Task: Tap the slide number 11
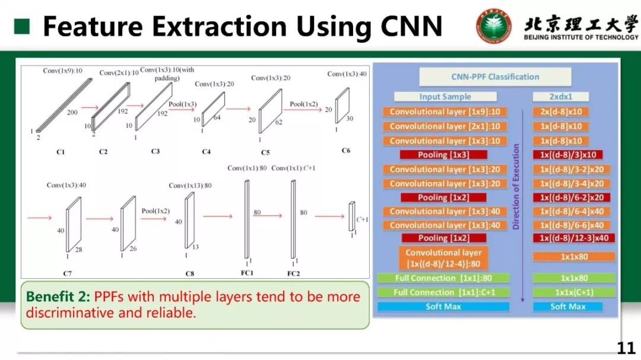pyautogui.click(x=626, y=348)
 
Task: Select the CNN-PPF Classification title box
pyautogui.click(x=495, y=77)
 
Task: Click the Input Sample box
pyautogui.click(x=445, y=97)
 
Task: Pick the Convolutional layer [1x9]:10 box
pyautogui.click(x=445, y=111)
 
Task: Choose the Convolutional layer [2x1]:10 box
pyautogui.click(x=445, y=126)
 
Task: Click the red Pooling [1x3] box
pyautogui.click(x=444, y=155)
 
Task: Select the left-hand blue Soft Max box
pyautogui.click(x=443, y=307)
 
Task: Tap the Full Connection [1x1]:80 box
pyautogui.click(x=443, y=278)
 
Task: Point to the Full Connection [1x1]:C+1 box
pyautogui.click(x=443, y=292)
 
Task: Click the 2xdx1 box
pyautogui.click(x=560, y=97)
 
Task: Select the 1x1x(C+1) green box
pyautogui.click(x=569, y=292)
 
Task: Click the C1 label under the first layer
pyautogui.click(x=61, y=152)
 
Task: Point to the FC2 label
pyautogui.click(x=294, y=273)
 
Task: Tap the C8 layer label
pyautogui.click(x=189, y=273)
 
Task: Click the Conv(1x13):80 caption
pyautogui.click(x=190, y=186)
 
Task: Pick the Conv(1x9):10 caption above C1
pyautogui.click(x=62, y=71)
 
